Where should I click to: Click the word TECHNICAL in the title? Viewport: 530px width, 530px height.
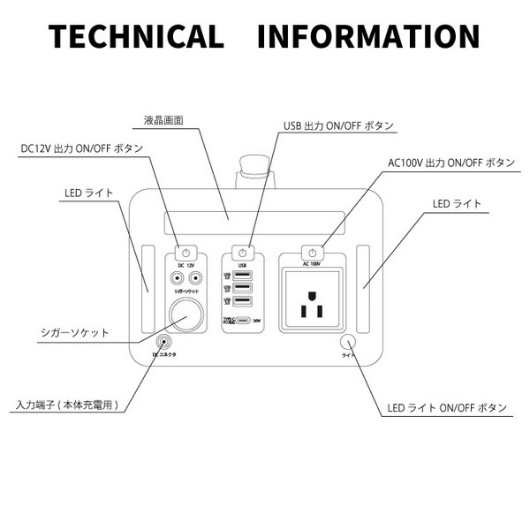(x=136, y=36)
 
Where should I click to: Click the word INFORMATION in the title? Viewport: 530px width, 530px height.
(x=369, y=36)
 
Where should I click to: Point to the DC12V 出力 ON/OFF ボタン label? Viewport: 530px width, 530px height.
(x=80, y=148)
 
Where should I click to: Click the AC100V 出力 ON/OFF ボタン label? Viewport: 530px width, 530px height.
(x=450, y=163)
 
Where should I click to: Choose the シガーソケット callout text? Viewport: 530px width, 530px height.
(x=74, y=333)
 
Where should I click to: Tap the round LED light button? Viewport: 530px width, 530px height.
(x=349, y=343)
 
